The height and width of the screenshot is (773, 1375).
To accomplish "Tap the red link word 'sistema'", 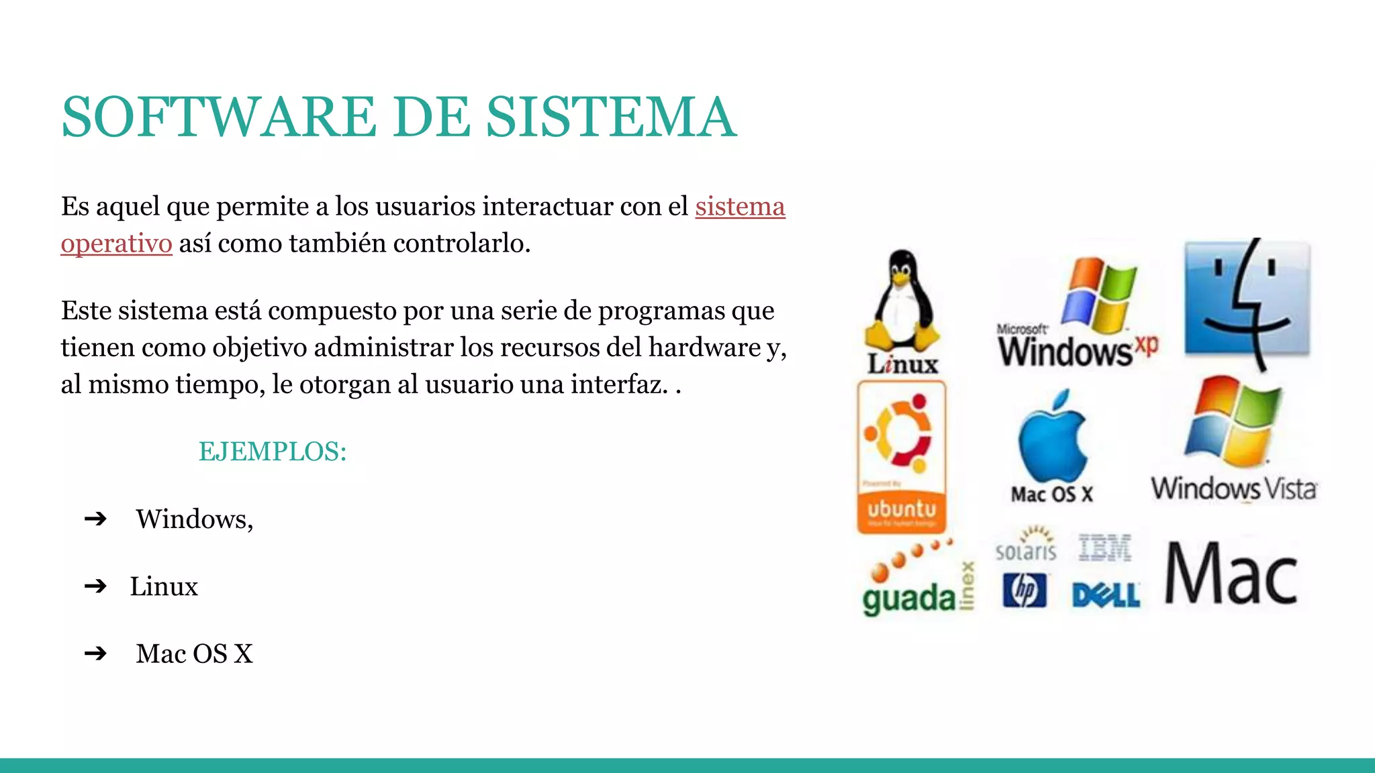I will pos(740,207).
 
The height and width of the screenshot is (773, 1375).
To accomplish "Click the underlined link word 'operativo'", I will pos(116,244).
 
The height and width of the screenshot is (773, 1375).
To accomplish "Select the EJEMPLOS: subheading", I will pos(273,452).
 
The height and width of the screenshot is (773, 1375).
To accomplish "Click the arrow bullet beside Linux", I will pos(95,586).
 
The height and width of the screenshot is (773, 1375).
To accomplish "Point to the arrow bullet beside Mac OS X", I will pos(95,654).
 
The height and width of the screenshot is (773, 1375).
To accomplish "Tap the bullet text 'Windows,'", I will pos(195,519).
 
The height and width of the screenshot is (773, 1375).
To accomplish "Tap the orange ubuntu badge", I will pos(902,456).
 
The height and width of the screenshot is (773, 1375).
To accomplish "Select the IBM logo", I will pos(1105,548).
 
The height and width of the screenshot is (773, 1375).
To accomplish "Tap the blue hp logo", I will pos(1025,590).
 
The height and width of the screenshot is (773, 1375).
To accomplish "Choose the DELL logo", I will pos(1106,595).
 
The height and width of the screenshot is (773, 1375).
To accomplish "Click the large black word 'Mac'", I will pos(1231,574).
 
